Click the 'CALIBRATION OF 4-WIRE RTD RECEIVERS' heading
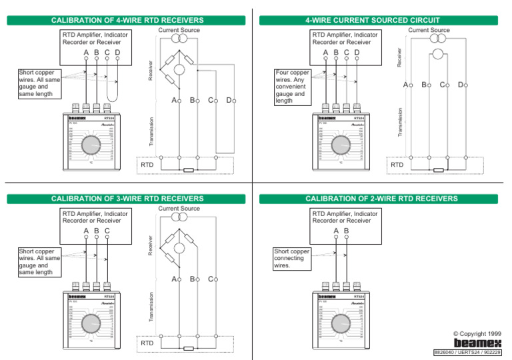click(x=128, y=21)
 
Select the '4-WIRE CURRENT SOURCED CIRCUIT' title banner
click(x=378, y=21)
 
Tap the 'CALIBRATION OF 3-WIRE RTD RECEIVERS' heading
click(x=128, y=199)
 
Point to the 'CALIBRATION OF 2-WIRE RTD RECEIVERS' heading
click(x=378, y=199)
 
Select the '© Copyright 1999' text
click(x=477, y=333)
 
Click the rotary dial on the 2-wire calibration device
click(x=341, y=323)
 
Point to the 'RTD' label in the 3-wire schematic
click(x=147, y=343)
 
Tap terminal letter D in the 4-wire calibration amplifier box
click(x=117, y=53)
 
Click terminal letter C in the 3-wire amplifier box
click(x=107, y=231)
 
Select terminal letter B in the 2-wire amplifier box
click(x=347, y=231)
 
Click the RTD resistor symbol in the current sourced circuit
click(x=438, y=169)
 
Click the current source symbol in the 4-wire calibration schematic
click(x=179, y=39)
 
